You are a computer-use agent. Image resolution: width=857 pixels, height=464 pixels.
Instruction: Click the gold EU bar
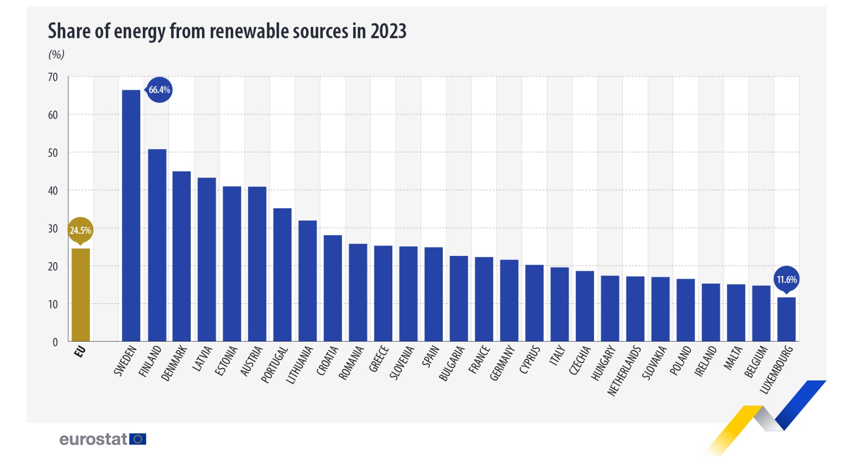point(81,295)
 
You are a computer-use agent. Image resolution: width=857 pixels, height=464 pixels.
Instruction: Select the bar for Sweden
point(131,215)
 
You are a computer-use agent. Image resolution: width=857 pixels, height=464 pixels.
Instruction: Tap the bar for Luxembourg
point(786,319)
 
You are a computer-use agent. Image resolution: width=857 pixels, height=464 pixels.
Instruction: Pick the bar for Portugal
point(282,275)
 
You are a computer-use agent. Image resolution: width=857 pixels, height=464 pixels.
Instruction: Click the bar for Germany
point(509,300)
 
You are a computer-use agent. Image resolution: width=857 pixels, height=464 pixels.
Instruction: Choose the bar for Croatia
point(333,288)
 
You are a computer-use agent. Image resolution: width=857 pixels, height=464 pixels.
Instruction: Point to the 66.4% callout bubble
point(159,90)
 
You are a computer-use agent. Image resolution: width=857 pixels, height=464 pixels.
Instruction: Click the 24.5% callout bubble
point(81,230)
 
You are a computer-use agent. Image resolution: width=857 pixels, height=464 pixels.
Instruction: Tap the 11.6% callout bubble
point(786,279)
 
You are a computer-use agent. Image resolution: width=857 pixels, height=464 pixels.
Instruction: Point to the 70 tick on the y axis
point(53,77)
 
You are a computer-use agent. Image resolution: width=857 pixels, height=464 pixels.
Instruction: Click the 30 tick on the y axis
point(53,229)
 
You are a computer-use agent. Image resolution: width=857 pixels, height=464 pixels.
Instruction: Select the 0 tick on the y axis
point(55,342)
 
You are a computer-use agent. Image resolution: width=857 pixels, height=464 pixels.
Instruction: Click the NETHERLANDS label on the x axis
point(624,370)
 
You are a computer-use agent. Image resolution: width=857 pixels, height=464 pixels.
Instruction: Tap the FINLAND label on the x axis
point(150,361)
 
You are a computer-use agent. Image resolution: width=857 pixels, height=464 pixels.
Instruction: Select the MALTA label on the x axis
point(733,358)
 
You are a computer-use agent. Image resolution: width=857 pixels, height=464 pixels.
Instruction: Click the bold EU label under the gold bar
point(80,351)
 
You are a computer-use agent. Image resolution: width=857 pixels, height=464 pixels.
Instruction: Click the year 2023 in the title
point(388,31)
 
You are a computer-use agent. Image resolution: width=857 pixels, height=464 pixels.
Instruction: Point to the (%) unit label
point(56,54)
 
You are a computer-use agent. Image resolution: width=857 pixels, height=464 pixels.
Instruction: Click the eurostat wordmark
point(93,439)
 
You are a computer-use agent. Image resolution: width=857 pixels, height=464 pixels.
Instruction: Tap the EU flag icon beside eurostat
point(138,439)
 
